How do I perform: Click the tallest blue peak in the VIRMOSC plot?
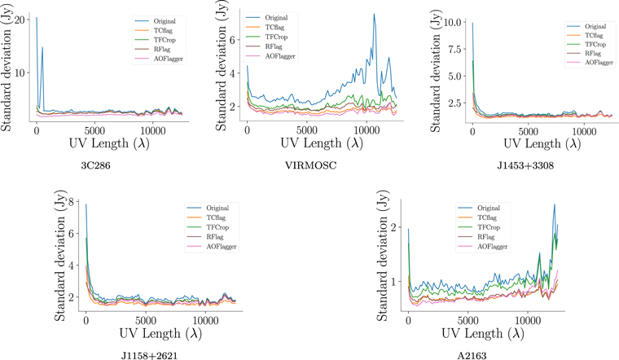tap(374, 14)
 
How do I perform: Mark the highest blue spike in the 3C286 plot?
tap(37, 18)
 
